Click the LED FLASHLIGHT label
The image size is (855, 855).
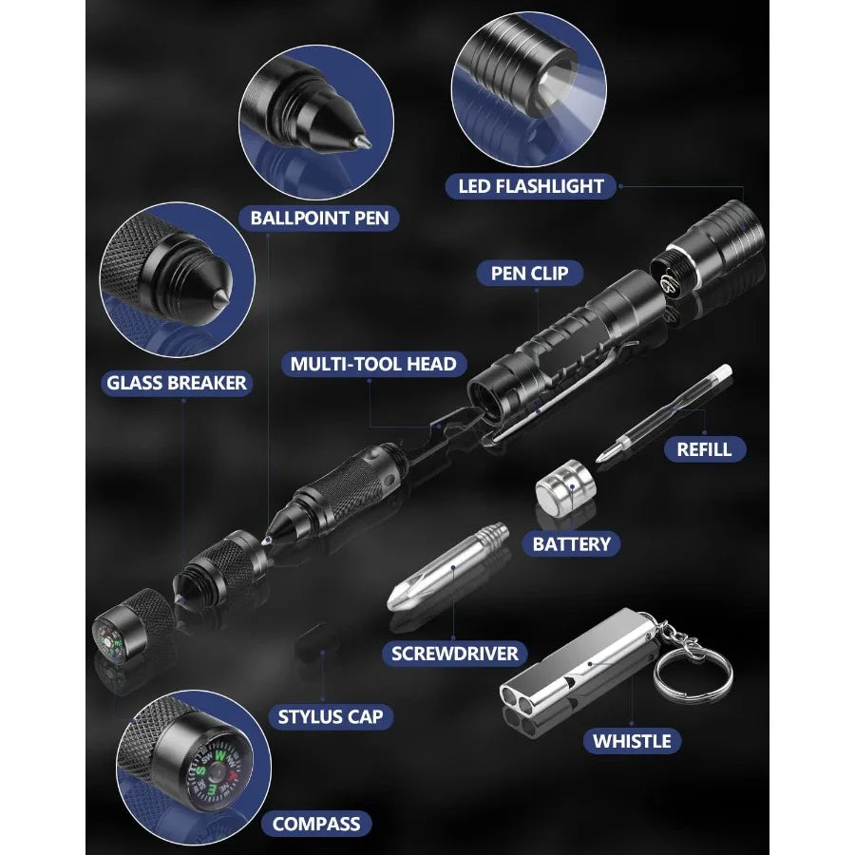531,186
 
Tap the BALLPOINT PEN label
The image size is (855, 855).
319,218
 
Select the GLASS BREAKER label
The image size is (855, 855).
177,383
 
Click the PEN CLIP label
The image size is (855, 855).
529,274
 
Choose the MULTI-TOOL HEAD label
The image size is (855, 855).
373,364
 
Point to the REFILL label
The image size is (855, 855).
704,448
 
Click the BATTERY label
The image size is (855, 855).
571,544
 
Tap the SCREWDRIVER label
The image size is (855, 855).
455,654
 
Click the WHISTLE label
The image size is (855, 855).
632,741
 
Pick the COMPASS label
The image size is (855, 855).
316,824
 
